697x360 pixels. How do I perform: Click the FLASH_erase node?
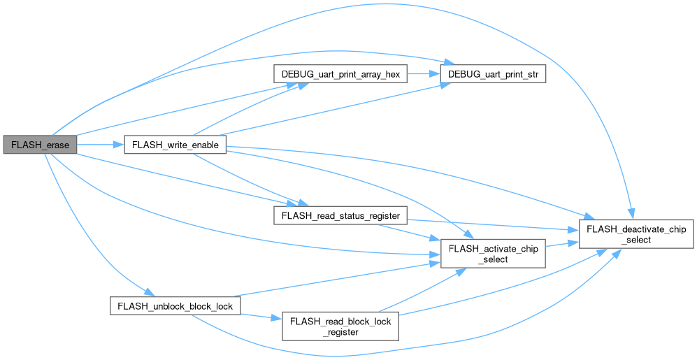[40, 145]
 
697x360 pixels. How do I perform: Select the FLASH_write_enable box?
[175, 145]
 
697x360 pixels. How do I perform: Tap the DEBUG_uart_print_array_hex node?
[340, 74]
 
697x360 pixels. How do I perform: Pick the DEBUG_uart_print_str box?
[493, 74]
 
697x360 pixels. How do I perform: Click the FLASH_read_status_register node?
[340, 215]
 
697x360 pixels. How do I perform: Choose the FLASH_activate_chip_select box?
[493, 254]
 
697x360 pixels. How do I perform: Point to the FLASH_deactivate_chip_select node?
[636, 234]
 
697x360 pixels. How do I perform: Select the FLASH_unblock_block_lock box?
[175, 306]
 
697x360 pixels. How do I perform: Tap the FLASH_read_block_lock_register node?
[340, 326]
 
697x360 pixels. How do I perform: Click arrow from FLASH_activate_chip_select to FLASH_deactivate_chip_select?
[562, 244]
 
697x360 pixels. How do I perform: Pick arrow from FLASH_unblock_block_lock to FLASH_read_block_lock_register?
[261, 317]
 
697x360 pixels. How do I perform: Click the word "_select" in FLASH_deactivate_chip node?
[636, 240]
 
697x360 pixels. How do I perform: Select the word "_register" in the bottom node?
[340, 332]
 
